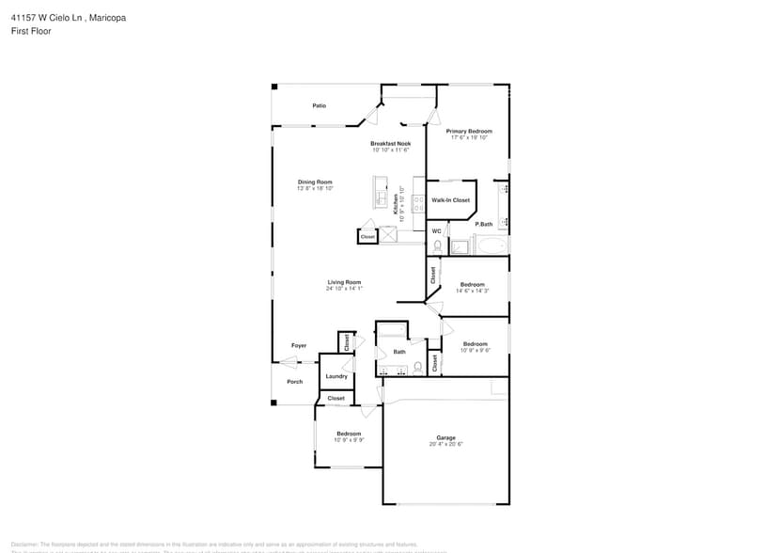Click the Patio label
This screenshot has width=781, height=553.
(320, 105)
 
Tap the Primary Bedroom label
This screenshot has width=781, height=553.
(469, 131)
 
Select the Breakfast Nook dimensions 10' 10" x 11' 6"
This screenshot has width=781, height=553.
(390, 150)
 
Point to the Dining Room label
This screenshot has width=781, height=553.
(315, 182)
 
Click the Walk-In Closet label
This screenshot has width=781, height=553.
(450, 200)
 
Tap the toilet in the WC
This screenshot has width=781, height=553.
(438, 245)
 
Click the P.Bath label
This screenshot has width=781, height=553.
(484, 224)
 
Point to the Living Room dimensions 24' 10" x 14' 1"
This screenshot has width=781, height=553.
(344, 289)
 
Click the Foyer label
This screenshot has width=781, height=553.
(299, 345)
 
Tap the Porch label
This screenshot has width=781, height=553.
(294, 381)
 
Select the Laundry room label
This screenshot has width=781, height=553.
(336, 376)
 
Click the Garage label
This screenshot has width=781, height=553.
(445, 437)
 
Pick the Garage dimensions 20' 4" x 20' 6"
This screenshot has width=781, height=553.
(445, 444)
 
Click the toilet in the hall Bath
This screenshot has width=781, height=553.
(418, 367)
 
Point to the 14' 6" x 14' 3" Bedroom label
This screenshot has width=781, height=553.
(472, 284)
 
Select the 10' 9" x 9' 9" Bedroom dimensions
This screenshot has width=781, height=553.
(349, 440)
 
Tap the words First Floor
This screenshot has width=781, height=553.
(32, 31)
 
